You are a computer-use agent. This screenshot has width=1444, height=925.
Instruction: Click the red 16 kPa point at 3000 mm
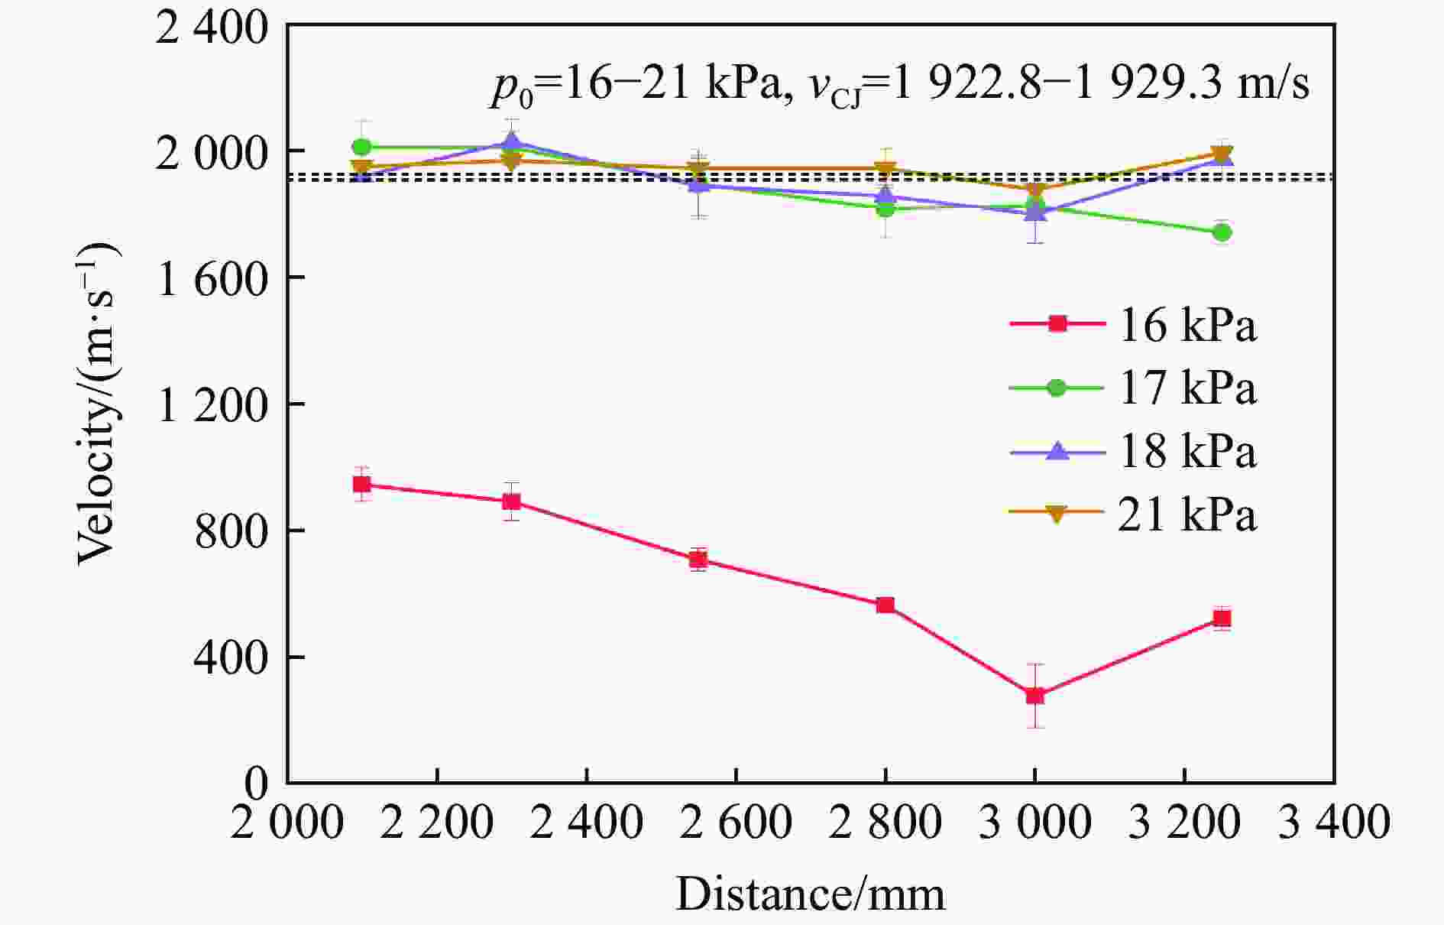pos(1035,696)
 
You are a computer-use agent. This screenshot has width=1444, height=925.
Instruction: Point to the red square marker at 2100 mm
pos(362,485)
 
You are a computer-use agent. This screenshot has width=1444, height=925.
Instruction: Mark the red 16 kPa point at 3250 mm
pos(1222,618)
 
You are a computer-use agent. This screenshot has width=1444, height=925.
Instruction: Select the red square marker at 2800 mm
pos(886,605)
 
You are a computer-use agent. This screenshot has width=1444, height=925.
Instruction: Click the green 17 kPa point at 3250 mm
pos(1222,232)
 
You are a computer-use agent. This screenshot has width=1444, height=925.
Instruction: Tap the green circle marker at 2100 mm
pos(362,147)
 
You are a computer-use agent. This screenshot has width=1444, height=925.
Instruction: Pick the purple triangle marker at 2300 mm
pos(512,141)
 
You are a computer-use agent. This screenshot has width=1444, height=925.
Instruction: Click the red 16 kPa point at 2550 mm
pos(698,560)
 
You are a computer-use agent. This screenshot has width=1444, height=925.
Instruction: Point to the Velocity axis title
pos(97,405)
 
